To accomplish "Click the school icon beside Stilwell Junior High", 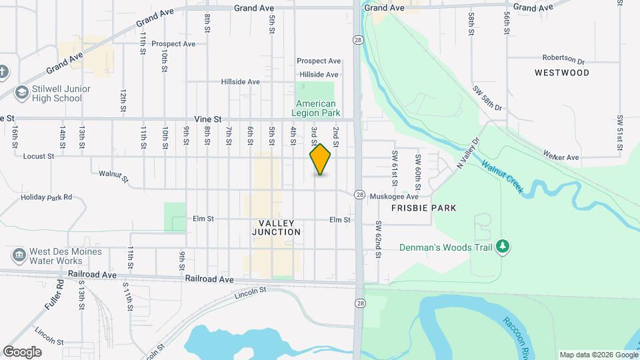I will click(x=22, y=93).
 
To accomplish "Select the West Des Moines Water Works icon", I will click(x=18, y=255).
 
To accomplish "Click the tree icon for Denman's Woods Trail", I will click(x=503, y=247).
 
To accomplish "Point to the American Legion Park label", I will click(x=315, y=109).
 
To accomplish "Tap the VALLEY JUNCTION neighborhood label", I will click(x=277, y=227).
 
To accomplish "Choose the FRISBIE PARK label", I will click(x=424, y=208).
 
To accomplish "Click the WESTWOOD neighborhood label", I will click(x=561, y=73).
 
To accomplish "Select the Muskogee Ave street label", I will click(x=393, y=197).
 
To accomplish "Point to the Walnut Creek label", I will click(x=502, y=177).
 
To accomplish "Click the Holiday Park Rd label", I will click(x=46, y=197).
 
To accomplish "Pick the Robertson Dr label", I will click(x=563, y=58).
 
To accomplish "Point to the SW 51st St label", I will click(x=620, y=129).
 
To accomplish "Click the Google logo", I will click(x=22, y=351).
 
